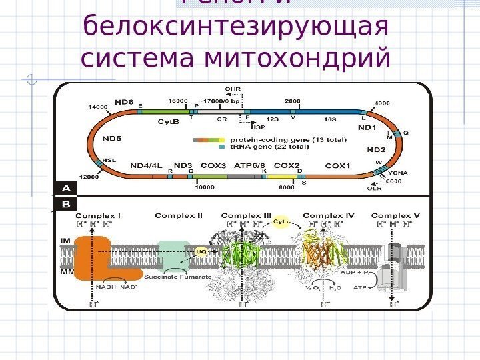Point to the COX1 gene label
click(337, 165)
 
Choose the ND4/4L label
click(147, 165)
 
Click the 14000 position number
click(99, 107)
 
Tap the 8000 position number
click(286, 187)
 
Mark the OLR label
click(375, 188)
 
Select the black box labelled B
click(66, 203)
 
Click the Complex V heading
click(395, 215)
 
